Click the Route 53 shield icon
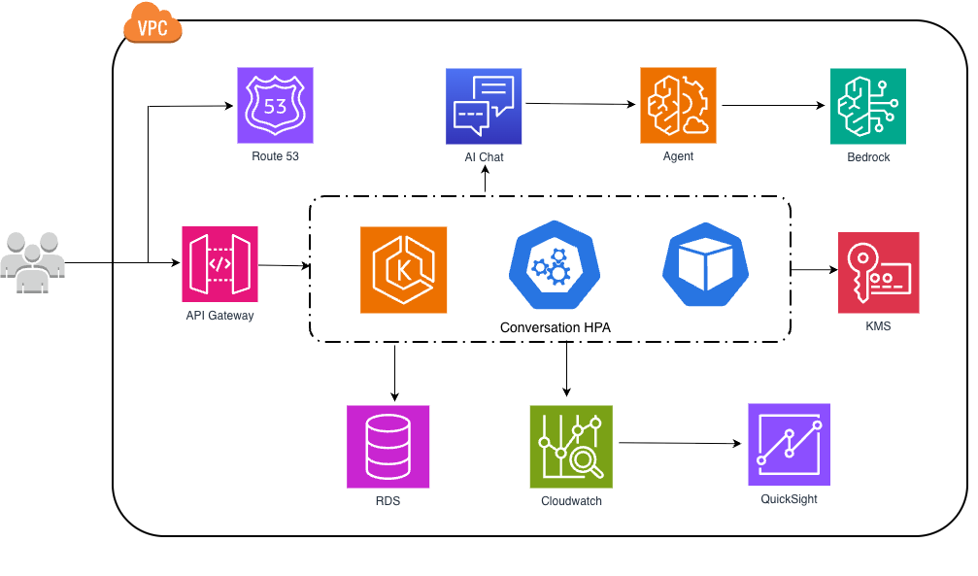pyautogui.click(x=275, y=105)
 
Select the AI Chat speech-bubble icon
pyautogui.click(x=484, y=106)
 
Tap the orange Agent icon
pyautogui.click(x=678, y=105)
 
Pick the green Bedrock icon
pyautogui.click(x=867, y=106)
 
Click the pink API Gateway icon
pyautogui.click(x=219, y=264)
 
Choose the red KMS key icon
pyautogui.click(x=878, y=272)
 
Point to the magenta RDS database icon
pyautogui.click(x=388, y=446)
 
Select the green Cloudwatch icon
pyautogui.click(x=571, y=446)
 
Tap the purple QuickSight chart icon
pyautogui.click(x=789, y=444)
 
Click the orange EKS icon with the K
pyautogui.click(x=403, y=270)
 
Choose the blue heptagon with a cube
pyautogui.click(x=705, y=262)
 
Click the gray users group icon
pyautogui.click(x=33, y=262)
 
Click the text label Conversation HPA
pyautogui.click(x=556, y=327)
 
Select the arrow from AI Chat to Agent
pyautogui.click(x=581, y=103)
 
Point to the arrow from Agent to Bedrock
pyautogui.click(x=773, y=105)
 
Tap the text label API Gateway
pyautogui.click(x=219, y=315)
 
